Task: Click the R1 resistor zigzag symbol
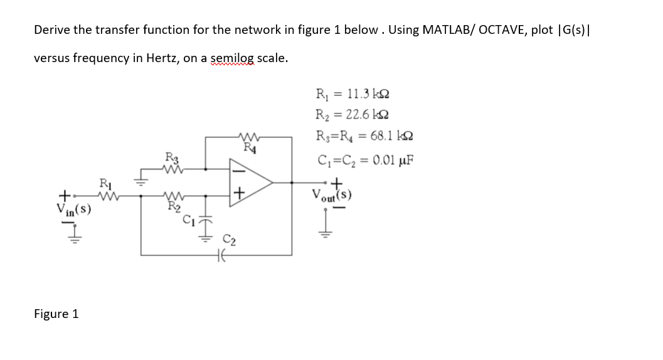click(104, 195)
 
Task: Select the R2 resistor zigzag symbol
click(172, 195)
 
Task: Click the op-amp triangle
click(251, 183)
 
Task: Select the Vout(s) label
click(332, 196)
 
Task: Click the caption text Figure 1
click(56, 314)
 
